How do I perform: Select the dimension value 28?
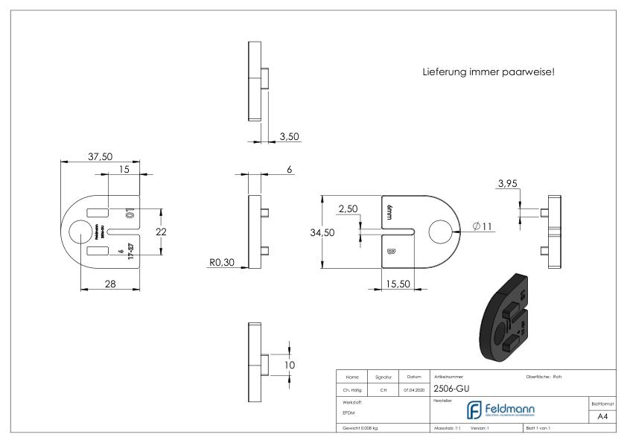tap(109, 283)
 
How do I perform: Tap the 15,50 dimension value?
tap(398, 284)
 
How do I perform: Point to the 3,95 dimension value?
tap(509, 183)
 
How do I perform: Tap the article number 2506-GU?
tap(451, 388)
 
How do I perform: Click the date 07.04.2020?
tap(413, 388)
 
